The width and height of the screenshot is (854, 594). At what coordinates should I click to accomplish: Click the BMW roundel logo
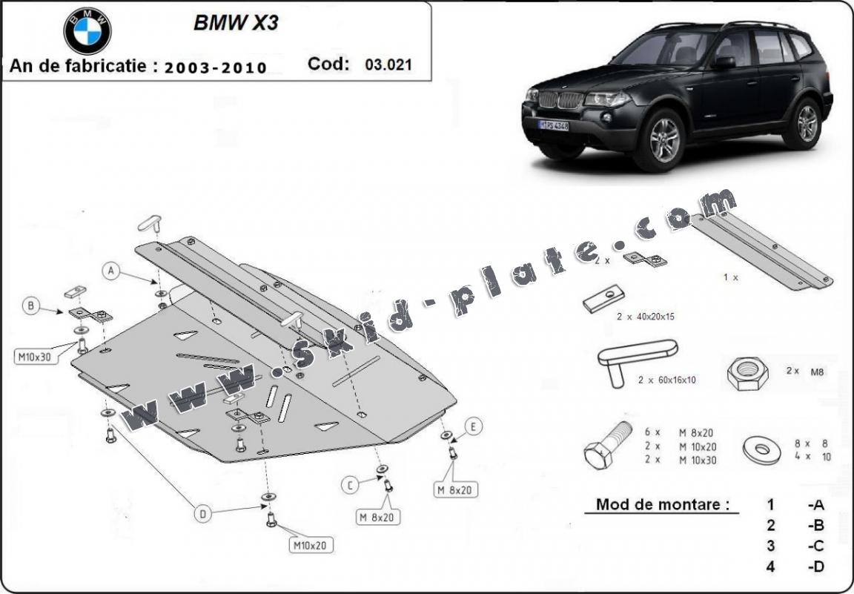point(87,30)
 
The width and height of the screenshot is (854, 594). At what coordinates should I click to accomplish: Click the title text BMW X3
point(236,22)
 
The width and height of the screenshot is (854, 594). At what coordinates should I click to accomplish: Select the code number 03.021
point(388,65)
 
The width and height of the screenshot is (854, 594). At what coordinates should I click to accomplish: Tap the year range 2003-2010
point(216,67)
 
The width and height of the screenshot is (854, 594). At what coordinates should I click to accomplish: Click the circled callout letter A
point(112,271)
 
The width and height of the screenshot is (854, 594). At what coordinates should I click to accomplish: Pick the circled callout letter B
point(31,305)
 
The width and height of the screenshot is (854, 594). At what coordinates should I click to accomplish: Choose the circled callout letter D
point(202,512)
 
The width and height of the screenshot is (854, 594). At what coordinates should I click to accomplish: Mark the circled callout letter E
point(473,426)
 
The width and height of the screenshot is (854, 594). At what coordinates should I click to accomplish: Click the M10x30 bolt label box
point(34,357)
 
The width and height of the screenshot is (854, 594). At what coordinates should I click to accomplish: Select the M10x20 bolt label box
point(311,546)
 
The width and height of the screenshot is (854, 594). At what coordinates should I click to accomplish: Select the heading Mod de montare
point(658,505)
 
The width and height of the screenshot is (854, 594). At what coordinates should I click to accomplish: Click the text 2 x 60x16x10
point(666,380)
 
